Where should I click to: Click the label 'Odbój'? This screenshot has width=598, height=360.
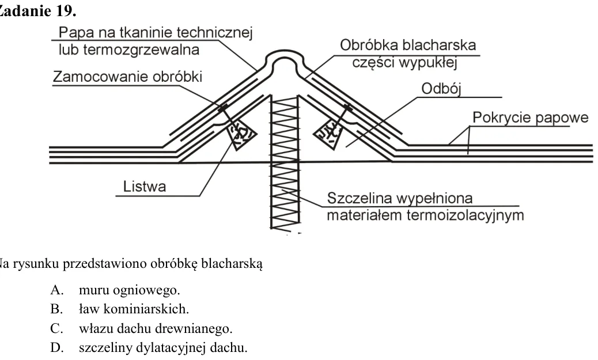[x=441, y=89]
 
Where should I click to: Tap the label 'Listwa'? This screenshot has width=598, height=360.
[x=145, y=187]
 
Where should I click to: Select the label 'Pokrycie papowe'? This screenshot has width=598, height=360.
[x=531, y=118]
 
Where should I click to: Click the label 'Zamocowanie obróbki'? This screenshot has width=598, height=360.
[x=127, y=77]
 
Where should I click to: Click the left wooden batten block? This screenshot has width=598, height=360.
[x=241, y=134]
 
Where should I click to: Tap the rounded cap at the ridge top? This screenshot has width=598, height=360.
[x=285, y=57]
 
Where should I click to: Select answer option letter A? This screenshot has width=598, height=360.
[x=56, y=290]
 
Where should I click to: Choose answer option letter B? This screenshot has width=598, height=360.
[x=56, y=309]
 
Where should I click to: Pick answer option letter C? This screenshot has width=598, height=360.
[x=56, y=328]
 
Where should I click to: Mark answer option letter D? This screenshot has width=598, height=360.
[x=56, y=347]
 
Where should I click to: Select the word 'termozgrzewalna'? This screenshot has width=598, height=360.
[x=141, y=50]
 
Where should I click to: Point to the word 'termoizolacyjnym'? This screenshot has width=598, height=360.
[x=465, y=215]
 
